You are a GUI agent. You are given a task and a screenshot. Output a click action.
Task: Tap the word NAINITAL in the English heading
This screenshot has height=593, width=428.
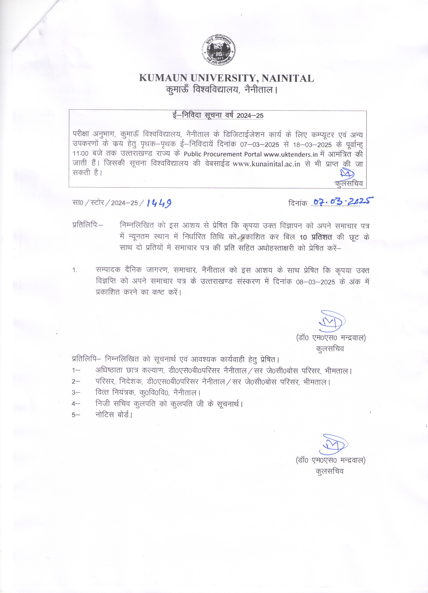coord(288,78)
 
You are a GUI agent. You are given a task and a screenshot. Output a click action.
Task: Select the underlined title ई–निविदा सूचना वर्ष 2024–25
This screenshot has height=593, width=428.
coord(218,116)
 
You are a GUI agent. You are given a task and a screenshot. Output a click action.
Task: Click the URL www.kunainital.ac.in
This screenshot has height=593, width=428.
coord(266,164)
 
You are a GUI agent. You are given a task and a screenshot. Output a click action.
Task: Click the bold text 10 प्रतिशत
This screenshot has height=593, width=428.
coord(316,237)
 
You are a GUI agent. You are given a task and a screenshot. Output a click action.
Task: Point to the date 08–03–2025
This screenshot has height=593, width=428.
coord(315,282)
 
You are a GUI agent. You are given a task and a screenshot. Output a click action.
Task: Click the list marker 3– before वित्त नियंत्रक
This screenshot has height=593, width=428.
coord(76,393)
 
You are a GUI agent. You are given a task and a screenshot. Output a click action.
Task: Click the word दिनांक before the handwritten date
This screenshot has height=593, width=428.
coord(298,203)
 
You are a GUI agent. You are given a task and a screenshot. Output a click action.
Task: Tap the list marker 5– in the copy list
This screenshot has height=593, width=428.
coord(76,415)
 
